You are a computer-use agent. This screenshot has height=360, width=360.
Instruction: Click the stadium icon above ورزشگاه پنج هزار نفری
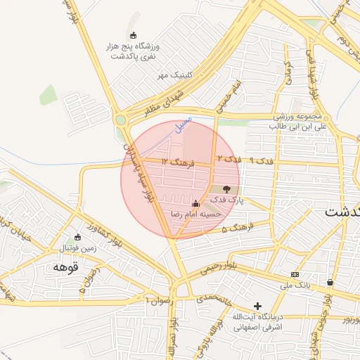[134, 35]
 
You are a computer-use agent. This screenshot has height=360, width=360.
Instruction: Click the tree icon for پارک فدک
[226, 188]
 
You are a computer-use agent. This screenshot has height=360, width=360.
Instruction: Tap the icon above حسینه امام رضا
[195, 203]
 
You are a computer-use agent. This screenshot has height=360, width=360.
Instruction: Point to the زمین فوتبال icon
[78, 237]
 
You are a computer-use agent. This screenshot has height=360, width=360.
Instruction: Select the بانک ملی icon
[295, 274]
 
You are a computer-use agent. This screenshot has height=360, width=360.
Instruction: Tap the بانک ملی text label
[295, 285]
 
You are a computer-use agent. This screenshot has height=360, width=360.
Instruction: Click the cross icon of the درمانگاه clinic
[258, 306]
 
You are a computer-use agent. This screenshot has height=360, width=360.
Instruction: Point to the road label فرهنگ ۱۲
[176, 162]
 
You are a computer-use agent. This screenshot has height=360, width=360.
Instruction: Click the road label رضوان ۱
[156, 300]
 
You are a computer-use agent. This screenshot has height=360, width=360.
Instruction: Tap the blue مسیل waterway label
[183, 126]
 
